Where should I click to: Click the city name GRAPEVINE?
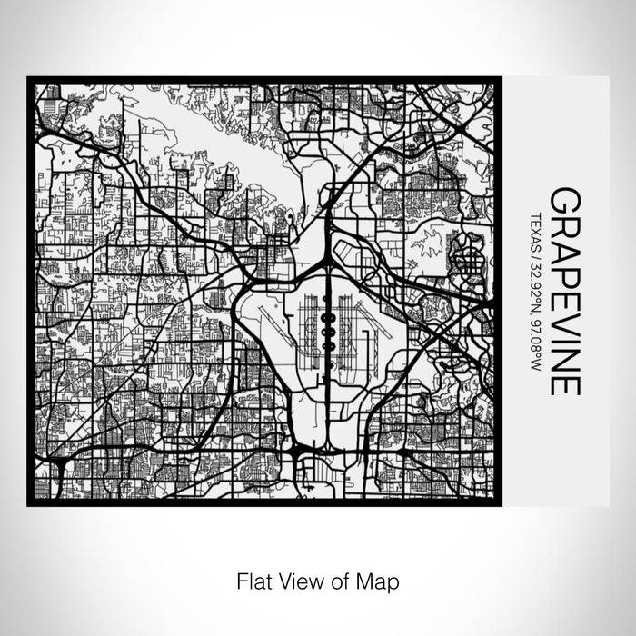563,292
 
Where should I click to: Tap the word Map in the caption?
380,579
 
